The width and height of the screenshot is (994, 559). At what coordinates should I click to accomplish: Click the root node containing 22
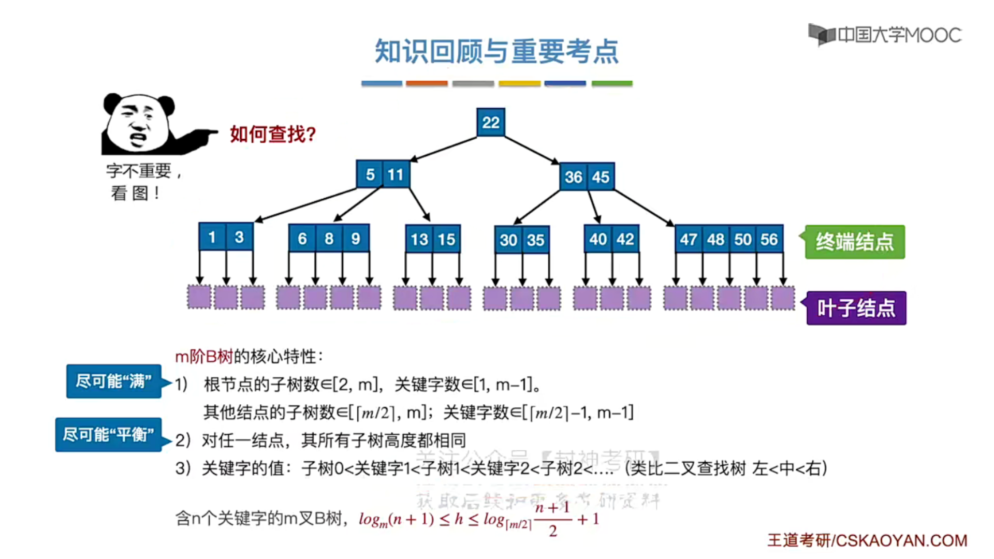click(x=490, y=122)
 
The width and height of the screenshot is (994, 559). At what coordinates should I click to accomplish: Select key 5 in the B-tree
click(x=370, y=174)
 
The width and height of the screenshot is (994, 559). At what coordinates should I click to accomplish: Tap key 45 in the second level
click(x=601, y=177)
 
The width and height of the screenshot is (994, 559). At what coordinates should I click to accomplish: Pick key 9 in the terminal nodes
click(x=356, y=239)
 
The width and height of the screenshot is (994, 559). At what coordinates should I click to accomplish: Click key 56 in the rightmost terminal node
click(x=769, y=239)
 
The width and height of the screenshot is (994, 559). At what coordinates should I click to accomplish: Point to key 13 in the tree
click(x=419, y=239)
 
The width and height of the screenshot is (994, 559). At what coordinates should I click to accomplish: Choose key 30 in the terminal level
click(x=508, y=240)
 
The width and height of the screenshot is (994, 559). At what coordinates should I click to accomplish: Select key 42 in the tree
click(x=625, y=239)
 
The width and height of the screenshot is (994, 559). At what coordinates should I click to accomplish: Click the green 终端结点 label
click(x=854, y=242)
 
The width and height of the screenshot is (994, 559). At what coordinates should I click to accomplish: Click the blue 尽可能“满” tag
click(x=113, y=381)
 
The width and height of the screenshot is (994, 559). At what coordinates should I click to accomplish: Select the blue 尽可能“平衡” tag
click(x=108, y=435)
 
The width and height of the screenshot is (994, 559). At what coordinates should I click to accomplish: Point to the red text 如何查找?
click(x=273, y=135)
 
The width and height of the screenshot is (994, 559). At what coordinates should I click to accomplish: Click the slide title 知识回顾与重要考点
click(x=496, y=52)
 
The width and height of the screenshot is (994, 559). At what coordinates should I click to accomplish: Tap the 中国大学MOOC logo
click(x=885, y=35)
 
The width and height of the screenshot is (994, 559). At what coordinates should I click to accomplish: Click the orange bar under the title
click(x=427, y=83)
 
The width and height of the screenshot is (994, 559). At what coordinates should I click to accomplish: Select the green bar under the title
click(x=612, y=83)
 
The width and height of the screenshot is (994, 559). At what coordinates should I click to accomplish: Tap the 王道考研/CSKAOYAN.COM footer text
click(x=867, y=541)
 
